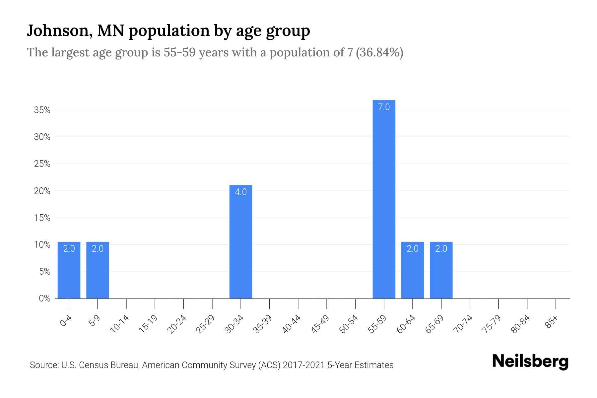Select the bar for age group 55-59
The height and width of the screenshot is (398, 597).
384,199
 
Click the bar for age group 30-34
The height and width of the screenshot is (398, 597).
241,242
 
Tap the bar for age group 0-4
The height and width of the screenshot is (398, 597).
69,270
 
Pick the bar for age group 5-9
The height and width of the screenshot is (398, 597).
98,270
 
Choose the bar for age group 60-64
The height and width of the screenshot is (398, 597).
412,270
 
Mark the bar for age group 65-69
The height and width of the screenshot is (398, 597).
441,270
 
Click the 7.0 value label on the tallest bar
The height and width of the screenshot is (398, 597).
384,107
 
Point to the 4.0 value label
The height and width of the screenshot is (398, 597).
241,192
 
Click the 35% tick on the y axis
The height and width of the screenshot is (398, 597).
42,110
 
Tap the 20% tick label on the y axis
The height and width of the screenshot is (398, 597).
42,191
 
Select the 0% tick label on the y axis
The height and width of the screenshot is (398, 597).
44,298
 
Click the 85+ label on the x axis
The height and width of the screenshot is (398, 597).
551,322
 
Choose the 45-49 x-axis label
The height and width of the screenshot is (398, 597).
320,324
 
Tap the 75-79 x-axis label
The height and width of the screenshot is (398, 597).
492,324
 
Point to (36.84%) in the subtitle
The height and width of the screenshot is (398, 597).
379,52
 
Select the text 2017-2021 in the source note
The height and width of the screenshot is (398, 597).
304,365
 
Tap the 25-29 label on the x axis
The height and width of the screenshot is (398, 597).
205,324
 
